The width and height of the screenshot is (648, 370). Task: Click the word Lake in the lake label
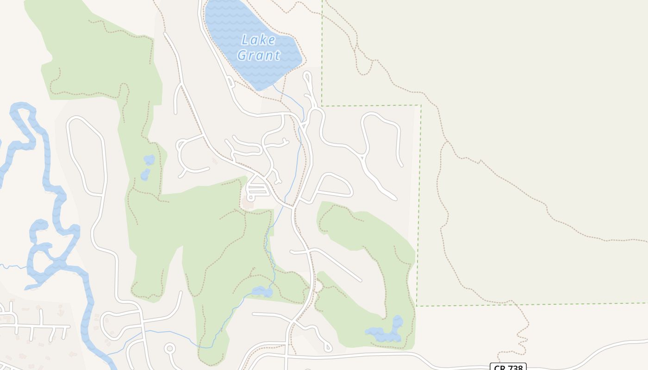[258, 40]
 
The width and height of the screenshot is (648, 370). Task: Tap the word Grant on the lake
[259, 55]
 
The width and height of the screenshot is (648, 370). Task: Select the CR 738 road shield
[508, 367]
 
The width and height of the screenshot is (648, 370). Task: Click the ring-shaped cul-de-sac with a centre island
[170, 348]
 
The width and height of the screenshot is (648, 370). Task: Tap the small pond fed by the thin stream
[262, 292]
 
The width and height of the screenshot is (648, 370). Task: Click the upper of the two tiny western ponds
[149, 160]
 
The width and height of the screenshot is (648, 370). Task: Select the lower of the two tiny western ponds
[145, 174]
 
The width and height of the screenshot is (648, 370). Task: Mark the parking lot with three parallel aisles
[258, 189]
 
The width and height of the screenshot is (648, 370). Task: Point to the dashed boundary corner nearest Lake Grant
[322, 105]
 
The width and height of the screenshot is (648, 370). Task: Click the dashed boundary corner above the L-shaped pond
[417, 306]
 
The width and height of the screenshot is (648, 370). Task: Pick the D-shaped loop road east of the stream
[330, 187]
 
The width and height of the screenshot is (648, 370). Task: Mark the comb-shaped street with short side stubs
[37, 327]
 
